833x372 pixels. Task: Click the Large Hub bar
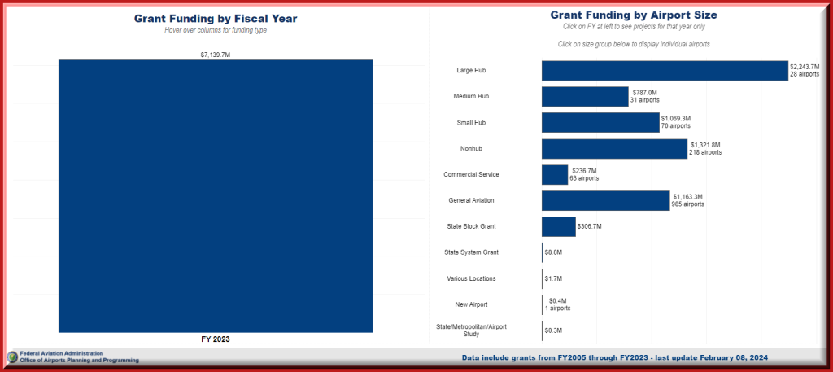(665, 71)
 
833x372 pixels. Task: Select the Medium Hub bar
(585, 97)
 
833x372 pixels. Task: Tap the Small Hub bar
(600, 123)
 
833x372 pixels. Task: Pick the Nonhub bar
(614, 149)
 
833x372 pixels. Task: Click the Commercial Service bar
(555, 175)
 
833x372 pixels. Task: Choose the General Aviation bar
(605, 201)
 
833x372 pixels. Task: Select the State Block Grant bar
(558, 226)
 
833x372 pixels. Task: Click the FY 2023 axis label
(216, 339)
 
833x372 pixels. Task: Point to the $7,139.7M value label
(216, 55)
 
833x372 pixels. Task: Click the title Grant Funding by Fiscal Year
(216, 18)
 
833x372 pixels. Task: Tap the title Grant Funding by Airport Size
(634, 15)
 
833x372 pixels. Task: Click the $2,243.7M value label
(805, 67)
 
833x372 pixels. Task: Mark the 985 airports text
(688, 204)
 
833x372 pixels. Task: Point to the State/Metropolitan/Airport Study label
(472, 330)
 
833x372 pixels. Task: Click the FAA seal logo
(12, 357)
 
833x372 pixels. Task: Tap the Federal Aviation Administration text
(62, 353)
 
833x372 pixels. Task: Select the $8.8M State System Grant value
(553, 252)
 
